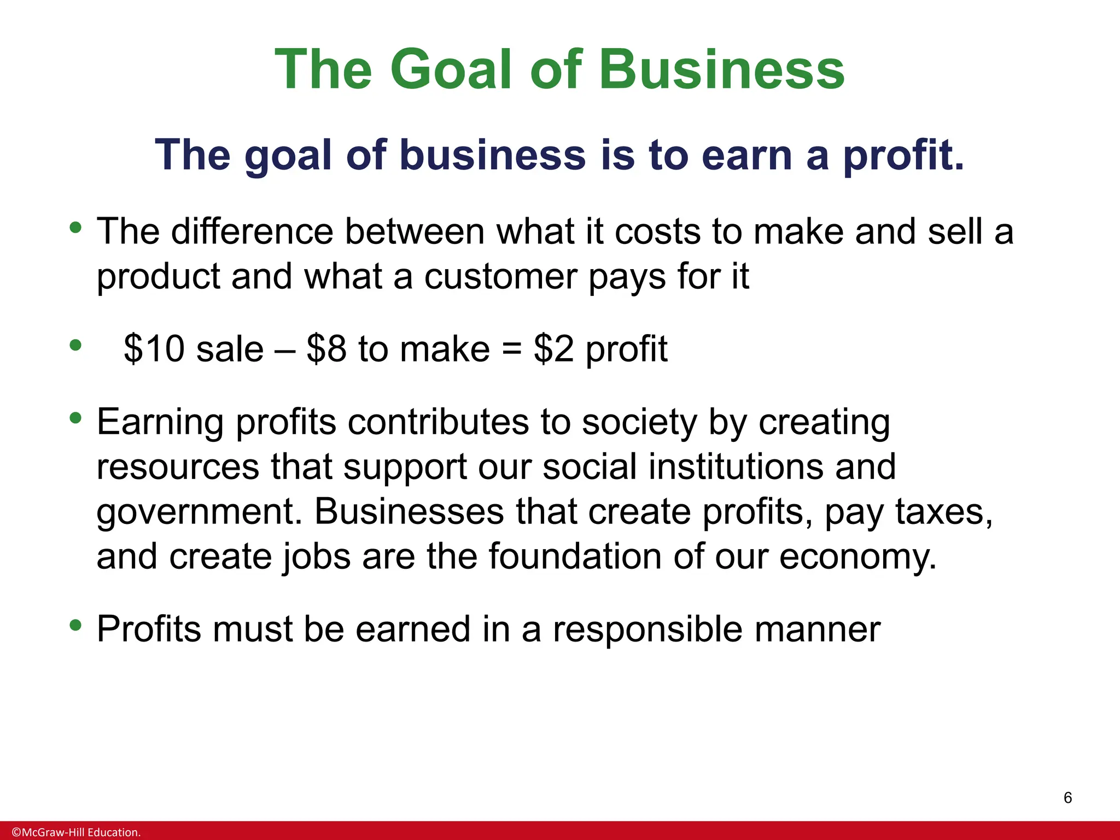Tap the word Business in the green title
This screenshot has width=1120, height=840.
(722, 69)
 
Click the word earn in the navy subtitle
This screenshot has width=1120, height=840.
(747, 155)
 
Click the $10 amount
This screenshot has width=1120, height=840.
(154, 349)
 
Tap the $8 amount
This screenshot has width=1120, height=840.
(326, 349)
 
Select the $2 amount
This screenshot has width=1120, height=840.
(553, 349)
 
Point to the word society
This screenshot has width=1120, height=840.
(639, 423)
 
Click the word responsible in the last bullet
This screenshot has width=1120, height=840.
(647, 630)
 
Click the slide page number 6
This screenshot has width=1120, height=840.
(1067, 798)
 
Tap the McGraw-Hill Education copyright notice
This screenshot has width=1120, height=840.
(76, 832)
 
